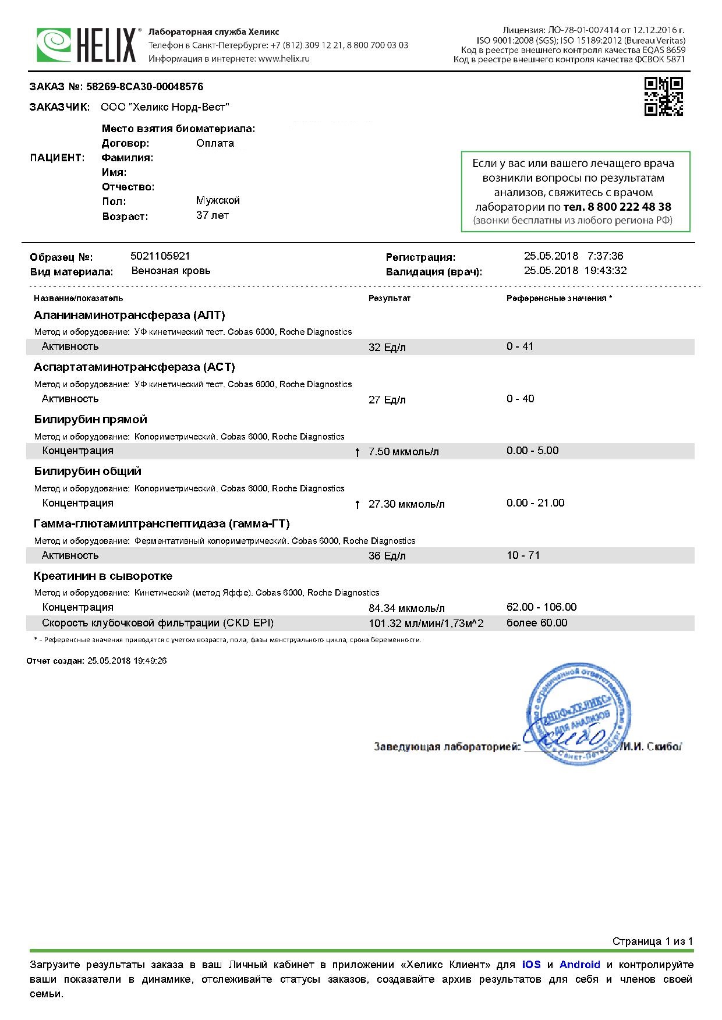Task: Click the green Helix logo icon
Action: click(54, 45)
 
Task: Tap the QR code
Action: click(663, 97)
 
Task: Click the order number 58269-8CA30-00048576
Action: click(144, 87)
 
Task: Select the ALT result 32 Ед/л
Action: click(387, 348)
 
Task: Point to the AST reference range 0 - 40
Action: click(520, 399)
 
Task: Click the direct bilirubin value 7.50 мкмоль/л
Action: click(404, 452)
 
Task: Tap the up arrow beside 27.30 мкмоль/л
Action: click(358, 504)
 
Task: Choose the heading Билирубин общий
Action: click(87, 471)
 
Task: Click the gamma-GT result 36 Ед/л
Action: click(387, 556)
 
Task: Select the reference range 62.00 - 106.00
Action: click(541, 607)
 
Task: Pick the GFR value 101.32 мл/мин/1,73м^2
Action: click(426, 624)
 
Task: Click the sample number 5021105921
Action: click(161, 256)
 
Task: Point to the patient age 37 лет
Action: click(213, 215)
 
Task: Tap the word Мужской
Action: click(218, 200)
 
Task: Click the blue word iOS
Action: click(531, 965)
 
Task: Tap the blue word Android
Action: click(579, 965)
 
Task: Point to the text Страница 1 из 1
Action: click(652, 941)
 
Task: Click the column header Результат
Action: click(390, 298)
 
